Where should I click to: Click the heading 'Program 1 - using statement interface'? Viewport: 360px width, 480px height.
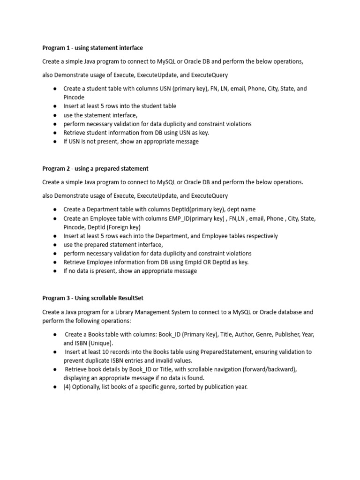click(92, 48)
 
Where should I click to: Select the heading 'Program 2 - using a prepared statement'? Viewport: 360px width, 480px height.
click(95, 168)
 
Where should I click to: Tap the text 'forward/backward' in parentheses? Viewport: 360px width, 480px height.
click(269, 369)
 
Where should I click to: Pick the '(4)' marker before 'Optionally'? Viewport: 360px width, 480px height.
click(67, 387)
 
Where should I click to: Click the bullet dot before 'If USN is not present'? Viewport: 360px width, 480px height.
click(55, 142)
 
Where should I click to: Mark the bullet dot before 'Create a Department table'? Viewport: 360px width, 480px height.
click(55, 209)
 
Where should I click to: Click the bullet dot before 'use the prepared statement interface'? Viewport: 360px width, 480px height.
click(55, 245)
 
